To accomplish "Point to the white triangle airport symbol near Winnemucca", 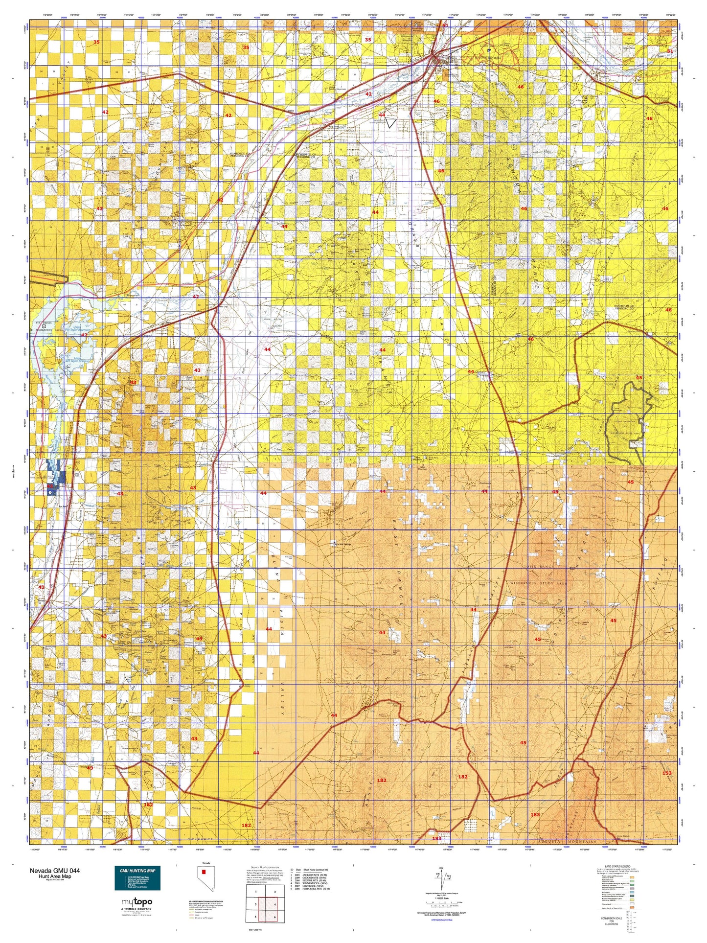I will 390,122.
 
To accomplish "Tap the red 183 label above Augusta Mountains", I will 535,814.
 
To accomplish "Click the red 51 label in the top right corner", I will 670,51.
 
